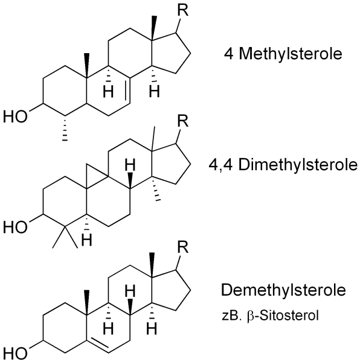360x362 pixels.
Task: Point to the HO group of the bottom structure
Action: point(16,351)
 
